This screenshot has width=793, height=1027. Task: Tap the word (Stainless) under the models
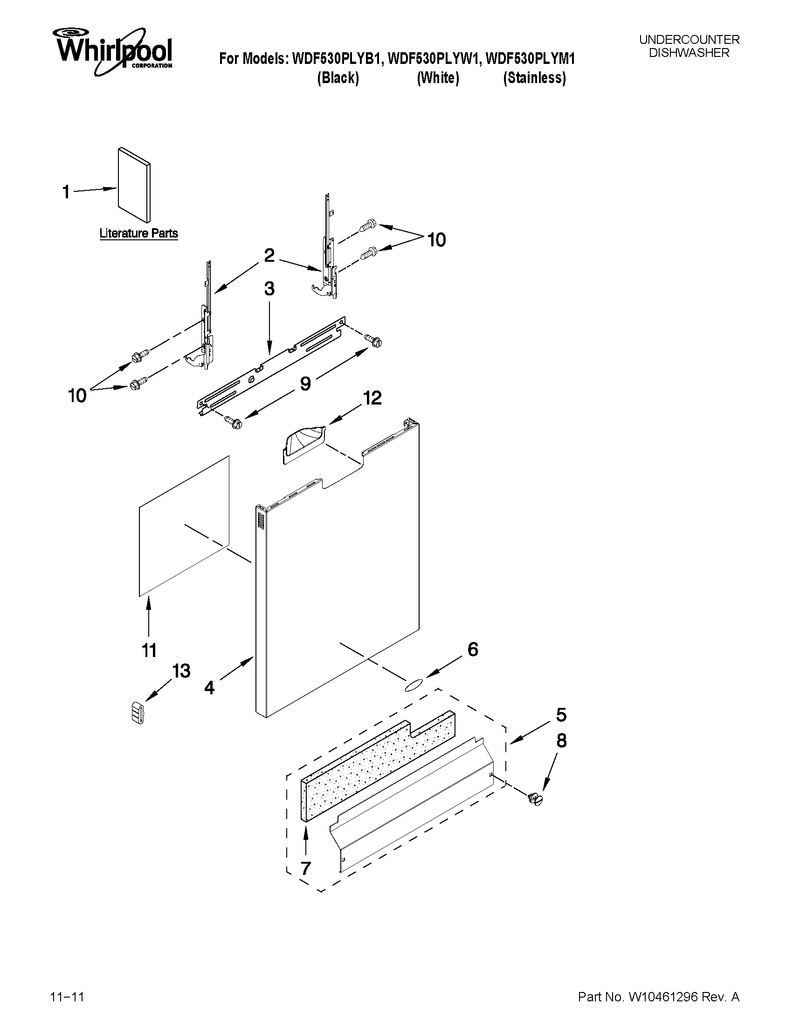click(534, 78)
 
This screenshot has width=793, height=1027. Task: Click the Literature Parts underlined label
click(138, 233)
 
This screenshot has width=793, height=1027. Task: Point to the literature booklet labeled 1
click(134, 185)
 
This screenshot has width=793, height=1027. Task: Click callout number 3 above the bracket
click(269, 289)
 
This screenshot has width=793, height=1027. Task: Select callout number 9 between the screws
click(305, 384)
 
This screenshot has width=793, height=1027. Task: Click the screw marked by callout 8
click(535, 798)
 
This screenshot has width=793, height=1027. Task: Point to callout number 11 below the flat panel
click(149, 651)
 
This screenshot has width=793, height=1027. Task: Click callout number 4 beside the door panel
click(209, 688)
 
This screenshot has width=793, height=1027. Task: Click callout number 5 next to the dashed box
click(561, 715)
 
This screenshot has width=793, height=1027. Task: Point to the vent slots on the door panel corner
click(261, 522)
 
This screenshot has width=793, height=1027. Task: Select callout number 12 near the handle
click(372, 398)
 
